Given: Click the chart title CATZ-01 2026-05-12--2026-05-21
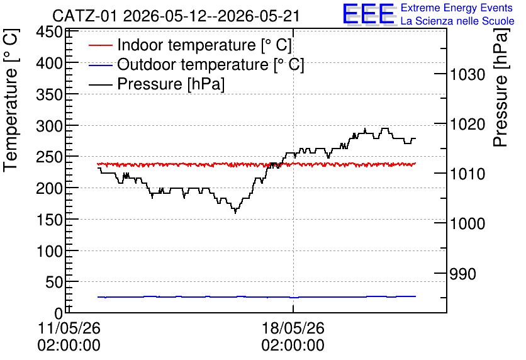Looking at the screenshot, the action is coord(176,16).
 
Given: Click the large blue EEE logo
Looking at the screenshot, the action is coord(369,14).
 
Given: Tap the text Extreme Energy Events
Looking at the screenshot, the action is coord(457,8).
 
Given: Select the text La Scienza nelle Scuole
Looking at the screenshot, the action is coord(457,21).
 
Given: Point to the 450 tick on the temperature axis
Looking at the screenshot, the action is coord(50,32).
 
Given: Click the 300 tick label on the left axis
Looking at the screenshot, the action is coord(50,127).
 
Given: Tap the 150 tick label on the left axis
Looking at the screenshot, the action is coord(50,220).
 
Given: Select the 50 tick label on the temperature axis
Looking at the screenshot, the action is coord(54,283).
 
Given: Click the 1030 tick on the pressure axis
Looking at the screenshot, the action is coord(467,74).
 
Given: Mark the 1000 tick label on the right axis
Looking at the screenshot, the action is coord(467,223).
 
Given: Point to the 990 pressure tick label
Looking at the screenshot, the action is coord(462,274).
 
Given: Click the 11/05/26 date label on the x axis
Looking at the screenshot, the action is coord(69,328).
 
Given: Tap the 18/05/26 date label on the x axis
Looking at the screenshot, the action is coord(293,328).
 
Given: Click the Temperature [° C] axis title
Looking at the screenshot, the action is coord(11,100).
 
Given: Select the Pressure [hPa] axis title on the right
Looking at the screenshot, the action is coord(501,87).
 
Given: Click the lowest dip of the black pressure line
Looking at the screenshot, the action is coord(235,212).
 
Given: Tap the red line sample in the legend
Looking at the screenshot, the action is coord(100,45).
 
